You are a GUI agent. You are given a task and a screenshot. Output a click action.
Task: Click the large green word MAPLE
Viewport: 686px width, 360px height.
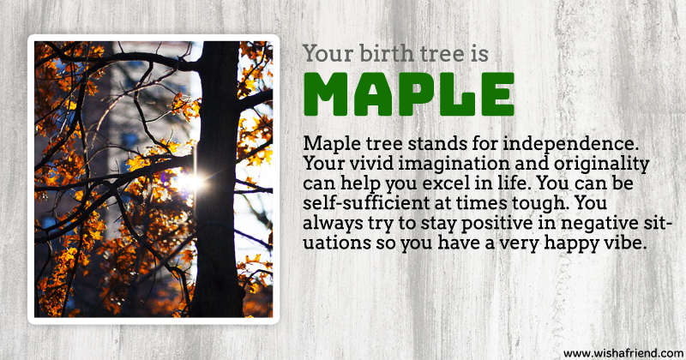tap(409, 94)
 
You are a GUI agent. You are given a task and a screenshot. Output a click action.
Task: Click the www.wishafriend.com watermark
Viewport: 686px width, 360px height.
tap(623, 353)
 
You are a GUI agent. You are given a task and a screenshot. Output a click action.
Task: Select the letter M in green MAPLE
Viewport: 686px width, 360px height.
tap(326, 94)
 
